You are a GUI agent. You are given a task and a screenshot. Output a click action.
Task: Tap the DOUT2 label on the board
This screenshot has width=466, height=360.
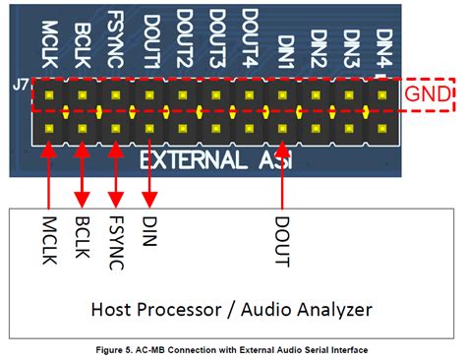[184, 35]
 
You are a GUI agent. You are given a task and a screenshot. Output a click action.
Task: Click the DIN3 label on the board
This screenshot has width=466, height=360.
[351, 43]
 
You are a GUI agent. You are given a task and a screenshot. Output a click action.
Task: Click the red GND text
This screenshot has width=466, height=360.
[431, 95]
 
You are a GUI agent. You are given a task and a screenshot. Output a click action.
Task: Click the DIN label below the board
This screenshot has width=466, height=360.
[149, 232]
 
